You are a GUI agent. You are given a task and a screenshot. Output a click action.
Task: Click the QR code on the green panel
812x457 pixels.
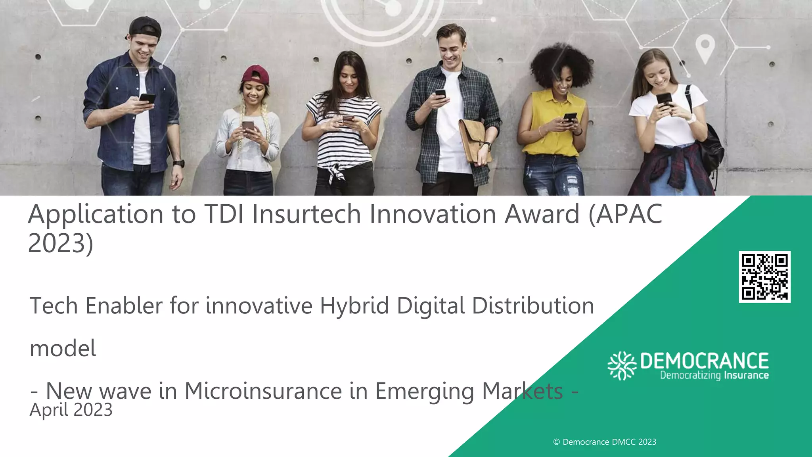tap(764, 277)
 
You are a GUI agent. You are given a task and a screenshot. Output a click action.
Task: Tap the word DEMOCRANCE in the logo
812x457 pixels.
tap(704, 361)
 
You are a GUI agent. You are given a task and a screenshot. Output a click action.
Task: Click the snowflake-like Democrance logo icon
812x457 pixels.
tap(622, 365)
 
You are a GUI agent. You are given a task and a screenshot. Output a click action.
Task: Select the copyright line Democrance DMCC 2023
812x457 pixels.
tap(605, 442)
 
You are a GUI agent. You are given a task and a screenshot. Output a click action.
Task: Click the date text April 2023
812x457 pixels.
tap(71, 410)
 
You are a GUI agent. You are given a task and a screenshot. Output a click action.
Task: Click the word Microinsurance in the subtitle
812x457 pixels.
tap(263, 391)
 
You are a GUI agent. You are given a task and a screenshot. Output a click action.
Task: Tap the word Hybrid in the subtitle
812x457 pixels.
tap(354, 306)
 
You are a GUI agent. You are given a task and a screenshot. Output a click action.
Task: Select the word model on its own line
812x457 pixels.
tap(63, 348)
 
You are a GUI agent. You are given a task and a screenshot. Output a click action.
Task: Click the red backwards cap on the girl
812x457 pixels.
tap(256, 75)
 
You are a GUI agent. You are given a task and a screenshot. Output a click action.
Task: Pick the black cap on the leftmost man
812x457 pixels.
tap(145, 27)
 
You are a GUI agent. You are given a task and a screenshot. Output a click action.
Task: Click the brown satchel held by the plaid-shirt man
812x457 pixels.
tap(474, 141)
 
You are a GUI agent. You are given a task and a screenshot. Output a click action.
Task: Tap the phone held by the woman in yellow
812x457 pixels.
tap(570, 117)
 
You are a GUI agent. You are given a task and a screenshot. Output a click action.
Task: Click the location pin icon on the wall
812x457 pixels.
tap(705, 49)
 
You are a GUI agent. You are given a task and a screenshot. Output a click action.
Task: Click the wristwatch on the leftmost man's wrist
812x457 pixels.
tap(179, 163)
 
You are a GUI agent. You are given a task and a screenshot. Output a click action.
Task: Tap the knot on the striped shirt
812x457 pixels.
tap(337, 172)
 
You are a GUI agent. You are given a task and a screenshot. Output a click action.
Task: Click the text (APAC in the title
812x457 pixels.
tap(625, 214)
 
